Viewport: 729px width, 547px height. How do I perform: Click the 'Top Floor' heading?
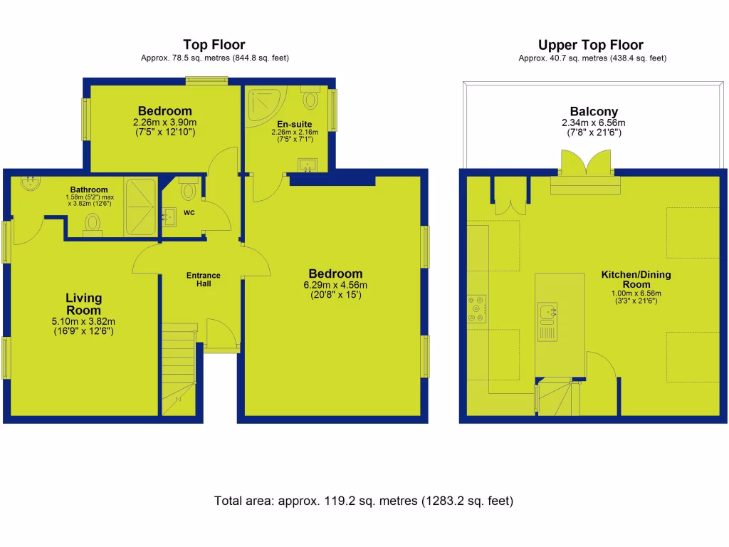(214, 45)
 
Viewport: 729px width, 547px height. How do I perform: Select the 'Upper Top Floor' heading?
(591, 45)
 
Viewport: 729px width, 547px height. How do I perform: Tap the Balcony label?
(594, 112)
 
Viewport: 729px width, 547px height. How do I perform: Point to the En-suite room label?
(294, 124)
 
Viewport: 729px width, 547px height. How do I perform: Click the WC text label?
(189, 213)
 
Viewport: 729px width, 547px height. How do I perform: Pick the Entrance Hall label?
(203, 280)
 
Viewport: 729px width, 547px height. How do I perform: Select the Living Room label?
(84, 304)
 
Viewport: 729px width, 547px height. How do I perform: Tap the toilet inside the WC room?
(189, 189)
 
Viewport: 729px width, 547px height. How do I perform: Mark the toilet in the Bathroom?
(93, 224)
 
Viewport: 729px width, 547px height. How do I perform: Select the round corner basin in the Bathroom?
(31, 184)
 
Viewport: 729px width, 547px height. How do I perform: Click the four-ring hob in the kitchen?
(476, 309)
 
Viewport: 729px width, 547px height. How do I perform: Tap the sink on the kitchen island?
(548, 311)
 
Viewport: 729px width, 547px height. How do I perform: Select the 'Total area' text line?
(364, 501)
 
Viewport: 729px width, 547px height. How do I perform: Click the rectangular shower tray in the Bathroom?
(142, 206)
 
